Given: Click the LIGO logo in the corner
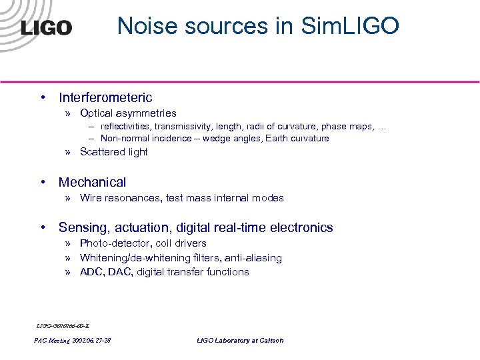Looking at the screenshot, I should coord(45,27).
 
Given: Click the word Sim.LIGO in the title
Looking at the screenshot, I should coord(350,25).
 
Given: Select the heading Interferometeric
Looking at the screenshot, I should coord(105,98).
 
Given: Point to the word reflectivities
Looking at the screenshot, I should coord(127,127).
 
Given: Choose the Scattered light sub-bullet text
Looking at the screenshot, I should coord(113,152).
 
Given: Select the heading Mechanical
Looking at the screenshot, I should coord(92,182).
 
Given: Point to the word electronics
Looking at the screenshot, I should coord(301,228).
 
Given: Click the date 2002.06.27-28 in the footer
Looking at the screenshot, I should coord(91,341).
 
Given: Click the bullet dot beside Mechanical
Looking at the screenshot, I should coord(43,182).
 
